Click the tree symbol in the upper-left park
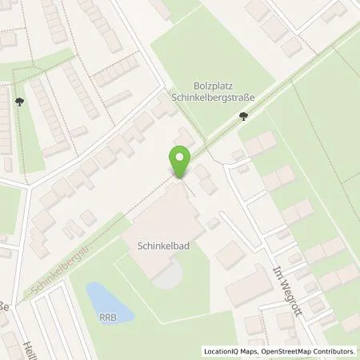(18, 102)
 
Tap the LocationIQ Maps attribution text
(226, 351)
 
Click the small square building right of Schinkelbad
(213, 223)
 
